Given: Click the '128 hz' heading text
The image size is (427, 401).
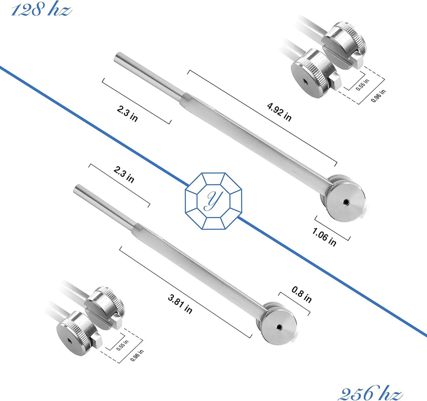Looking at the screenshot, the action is pyautogui.click(x=41, y=9).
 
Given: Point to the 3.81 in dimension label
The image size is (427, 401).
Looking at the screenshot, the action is pyautogui.click(x=180, y=304).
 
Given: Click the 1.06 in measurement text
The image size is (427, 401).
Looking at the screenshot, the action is pyautogui.click(x=324, y=237).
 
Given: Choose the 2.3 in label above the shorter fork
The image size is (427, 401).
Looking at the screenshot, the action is pyautogui.click(x=124, y=175).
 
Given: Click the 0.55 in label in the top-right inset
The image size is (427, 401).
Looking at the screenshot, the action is pyautogui.click(x=362, y=85).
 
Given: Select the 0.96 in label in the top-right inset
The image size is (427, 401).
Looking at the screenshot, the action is pyautogui.click(x=378, y=96).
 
